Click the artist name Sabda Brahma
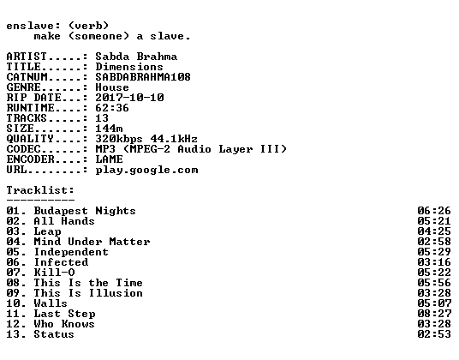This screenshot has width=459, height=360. pos(136,57)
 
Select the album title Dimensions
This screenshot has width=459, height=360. pos(129,67)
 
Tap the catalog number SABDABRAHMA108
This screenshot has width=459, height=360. pos(143,77)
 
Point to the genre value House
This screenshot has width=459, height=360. pos(112,87)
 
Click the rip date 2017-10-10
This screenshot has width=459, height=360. pos(129,97)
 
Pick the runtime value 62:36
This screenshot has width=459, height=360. pos(112,108)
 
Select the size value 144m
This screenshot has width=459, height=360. pos(109,129)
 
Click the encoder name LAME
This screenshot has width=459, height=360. pos(109,159)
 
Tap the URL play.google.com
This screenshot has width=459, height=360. pos(146,170)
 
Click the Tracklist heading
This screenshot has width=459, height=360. pos(40,190)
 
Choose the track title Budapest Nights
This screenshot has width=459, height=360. pos(85,211)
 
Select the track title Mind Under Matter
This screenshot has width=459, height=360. pos(92,242)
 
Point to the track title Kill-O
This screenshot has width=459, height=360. pos(55,273)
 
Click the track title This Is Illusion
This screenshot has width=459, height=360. pos(88,293)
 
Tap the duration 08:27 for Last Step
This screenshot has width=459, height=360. pos(434,314)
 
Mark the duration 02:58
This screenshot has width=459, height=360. pos(434,242)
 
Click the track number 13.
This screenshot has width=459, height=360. pos(13,334)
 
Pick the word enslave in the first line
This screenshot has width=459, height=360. pos(30,26)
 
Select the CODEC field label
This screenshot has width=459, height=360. pos(23,149)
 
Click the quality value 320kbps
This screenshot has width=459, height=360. pos(119,139)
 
